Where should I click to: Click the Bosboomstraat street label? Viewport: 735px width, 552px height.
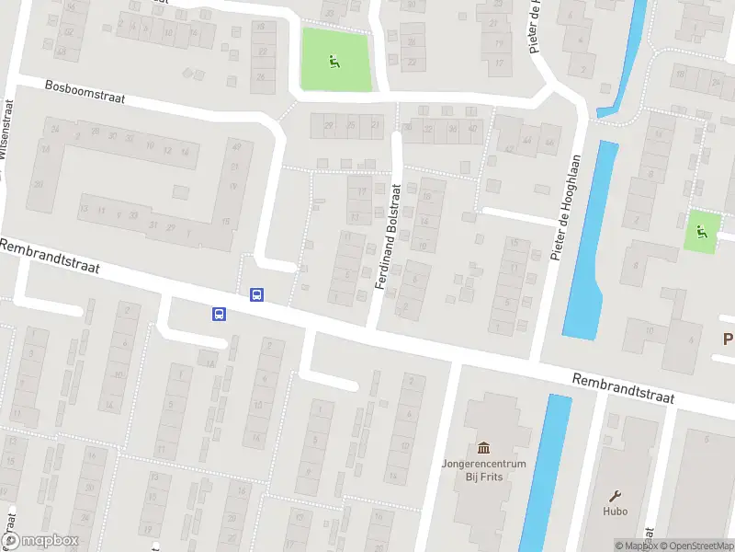coord(85,92)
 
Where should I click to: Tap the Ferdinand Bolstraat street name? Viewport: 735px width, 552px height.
coord(391,236)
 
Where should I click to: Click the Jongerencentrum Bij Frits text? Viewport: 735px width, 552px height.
coord(483,469)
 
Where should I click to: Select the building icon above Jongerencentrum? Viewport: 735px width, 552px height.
coord(484,445)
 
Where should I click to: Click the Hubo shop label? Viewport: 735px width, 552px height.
coord(616,512)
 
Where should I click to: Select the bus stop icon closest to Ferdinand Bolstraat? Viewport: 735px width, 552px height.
coord(256,295)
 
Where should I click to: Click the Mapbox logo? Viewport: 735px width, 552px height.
coord(40,541)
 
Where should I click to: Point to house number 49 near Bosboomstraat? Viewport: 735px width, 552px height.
coord(236,147)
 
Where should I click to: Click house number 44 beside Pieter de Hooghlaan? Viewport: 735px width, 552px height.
coord(527,141)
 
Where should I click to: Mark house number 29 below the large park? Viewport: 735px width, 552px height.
coord(328,125)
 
